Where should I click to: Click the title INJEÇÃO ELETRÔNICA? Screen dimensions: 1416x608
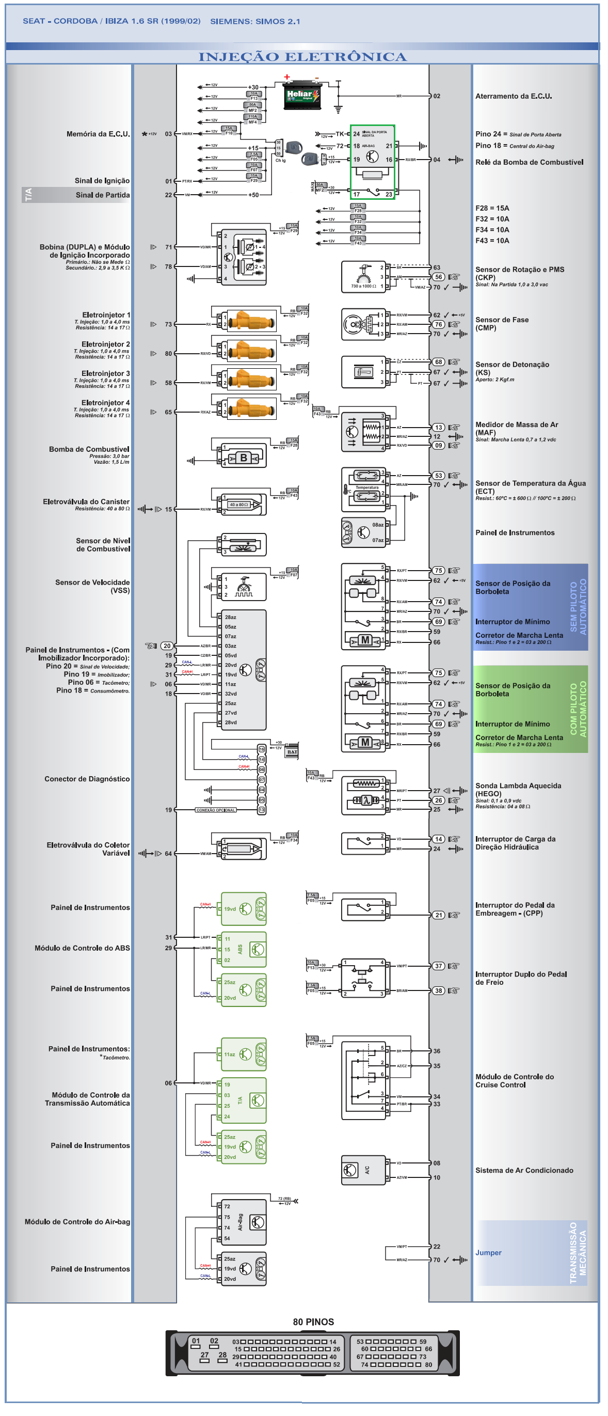coord(303,57)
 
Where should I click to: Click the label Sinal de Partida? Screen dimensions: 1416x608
coord(103,196)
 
